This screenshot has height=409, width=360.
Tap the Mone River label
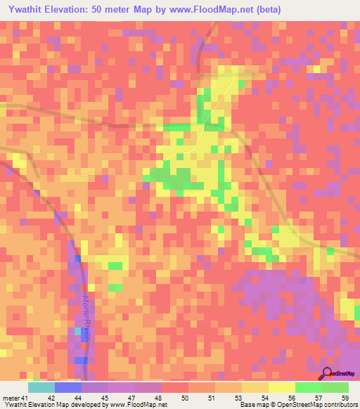86,318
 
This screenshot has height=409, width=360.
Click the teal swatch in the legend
41,387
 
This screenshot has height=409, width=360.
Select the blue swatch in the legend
68,387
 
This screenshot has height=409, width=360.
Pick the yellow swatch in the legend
282,387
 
